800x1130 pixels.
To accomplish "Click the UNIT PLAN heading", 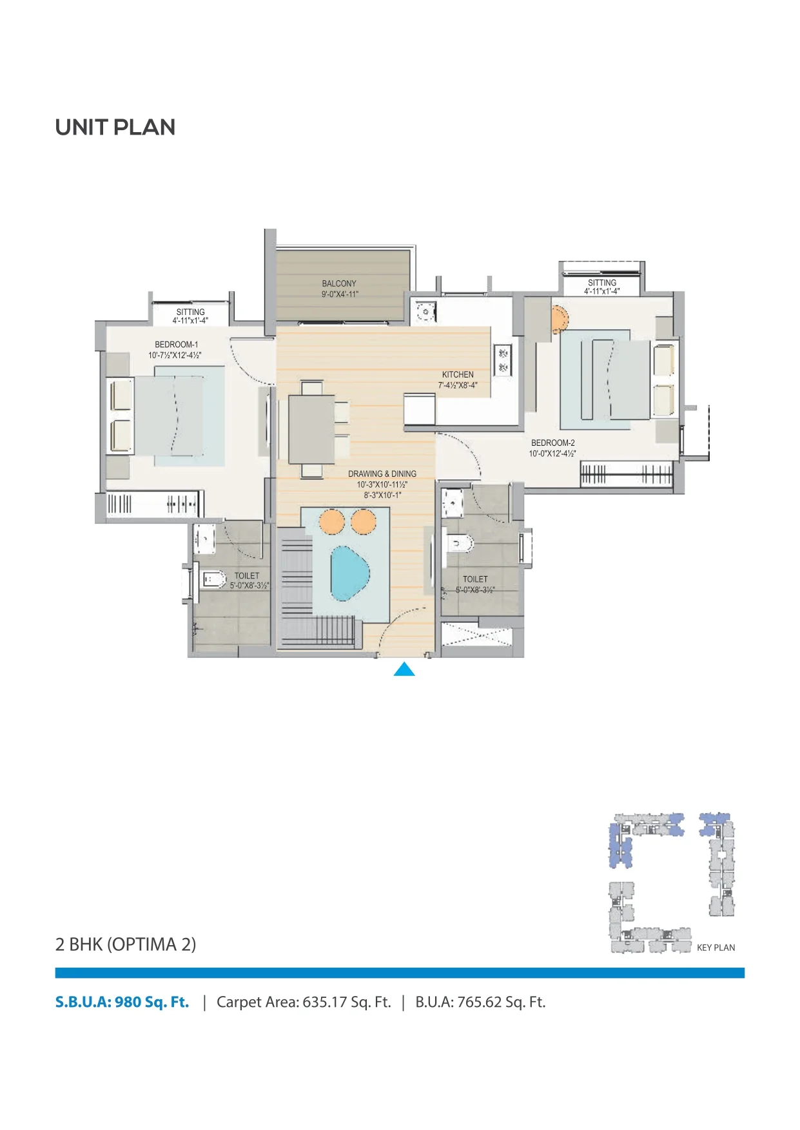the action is tap(115, 128).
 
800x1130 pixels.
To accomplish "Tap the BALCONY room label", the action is tap(339, 283).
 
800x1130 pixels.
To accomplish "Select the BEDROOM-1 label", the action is tap(177, 345).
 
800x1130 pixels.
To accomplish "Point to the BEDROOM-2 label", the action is tap(553, 443).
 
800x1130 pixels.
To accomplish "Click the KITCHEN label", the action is tap(458, 375).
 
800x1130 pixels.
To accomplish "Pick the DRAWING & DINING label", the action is tap(382, 474).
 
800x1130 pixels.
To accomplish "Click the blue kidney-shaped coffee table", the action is tap(349, 573).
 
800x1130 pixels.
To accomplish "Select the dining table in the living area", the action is tap(311, 429).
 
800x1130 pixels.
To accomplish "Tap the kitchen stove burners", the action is tap(503, 360).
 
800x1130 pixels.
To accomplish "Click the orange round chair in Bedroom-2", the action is tap(559, 319).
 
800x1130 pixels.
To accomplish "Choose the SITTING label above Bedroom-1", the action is tap(191, 312).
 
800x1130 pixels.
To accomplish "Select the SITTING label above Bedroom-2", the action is tap(602, 283).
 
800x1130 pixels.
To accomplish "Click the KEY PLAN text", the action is tap(716, 948).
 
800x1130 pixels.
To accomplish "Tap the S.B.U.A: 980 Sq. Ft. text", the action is tap(122, 1002).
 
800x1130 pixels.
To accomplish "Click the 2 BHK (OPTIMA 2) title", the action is tap(126, 944).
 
